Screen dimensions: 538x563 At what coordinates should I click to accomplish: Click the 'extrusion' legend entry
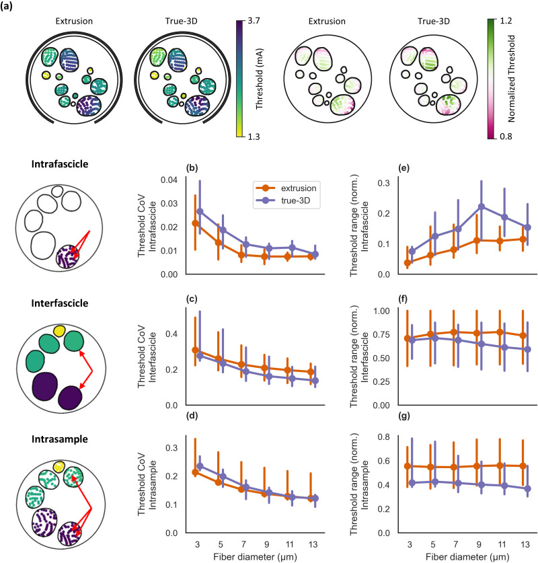coord(298,188)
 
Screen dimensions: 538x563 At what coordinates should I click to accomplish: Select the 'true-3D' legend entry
coord(295,200)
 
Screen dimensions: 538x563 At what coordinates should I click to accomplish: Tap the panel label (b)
coord(192,168)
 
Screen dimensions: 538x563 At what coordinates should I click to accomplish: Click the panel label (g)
coord(404,416)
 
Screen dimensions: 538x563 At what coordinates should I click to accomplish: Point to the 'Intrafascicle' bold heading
coord(60,164)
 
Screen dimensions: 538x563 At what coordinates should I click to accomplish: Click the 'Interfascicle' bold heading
coord(60,303)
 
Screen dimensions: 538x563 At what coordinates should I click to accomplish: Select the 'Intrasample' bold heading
coord(60,439)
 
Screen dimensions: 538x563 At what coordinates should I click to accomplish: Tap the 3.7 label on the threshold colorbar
coord(254,21)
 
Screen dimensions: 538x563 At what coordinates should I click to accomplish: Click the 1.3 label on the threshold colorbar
coord(254,137)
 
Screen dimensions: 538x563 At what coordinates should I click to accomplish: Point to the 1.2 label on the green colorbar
coord(506,21)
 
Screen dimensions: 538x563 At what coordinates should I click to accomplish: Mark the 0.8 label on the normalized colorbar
coord(506,137)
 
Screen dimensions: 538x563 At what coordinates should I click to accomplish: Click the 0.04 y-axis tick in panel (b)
coord(169,180)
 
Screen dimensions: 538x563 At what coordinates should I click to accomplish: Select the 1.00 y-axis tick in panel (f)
coord(381,311)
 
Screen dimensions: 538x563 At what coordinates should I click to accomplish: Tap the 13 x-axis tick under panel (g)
coord(525,545)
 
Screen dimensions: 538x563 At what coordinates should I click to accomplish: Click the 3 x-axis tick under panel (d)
coord(198,545)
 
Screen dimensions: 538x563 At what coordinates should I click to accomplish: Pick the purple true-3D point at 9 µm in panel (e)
coord(482,207)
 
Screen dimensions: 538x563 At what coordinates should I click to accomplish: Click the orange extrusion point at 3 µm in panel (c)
coord(195,350)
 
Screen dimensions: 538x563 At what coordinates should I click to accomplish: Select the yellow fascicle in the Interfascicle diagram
coord(59,331)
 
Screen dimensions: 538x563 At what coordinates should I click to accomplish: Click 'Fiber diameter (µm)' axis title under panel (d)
coord(255,557)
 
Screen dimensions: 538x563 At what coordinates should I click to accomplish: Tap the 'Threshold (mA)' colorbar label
coord(259,79)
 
